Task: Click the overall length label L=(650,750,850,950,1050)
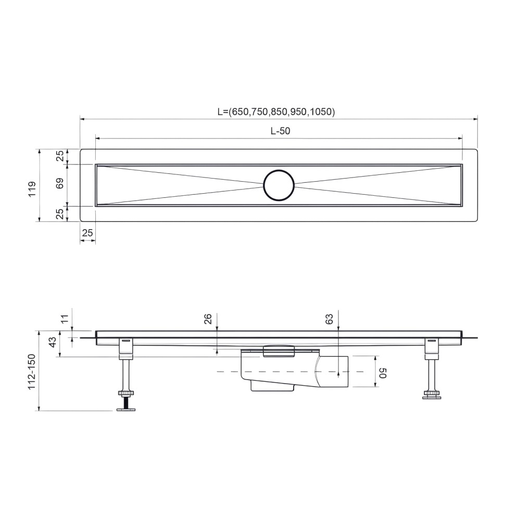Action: (276, 111)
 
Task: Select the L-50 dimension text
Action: (280, 131)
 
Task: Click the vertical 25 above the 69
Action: (60, 156)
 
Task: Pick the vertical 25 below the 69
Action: (60, 213)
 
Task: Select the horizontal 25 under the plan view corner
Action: (87, 233)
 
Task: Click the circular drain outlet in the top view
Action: (279, 185)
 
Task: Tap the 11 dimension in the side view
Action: (65, 319)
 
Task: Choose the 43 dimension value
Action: (52, 343)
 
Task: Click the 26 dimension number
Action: (207, 319)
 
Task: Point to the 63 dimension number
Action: (329, 319)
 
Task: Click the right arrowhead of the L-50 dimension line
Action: (459, 138)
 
